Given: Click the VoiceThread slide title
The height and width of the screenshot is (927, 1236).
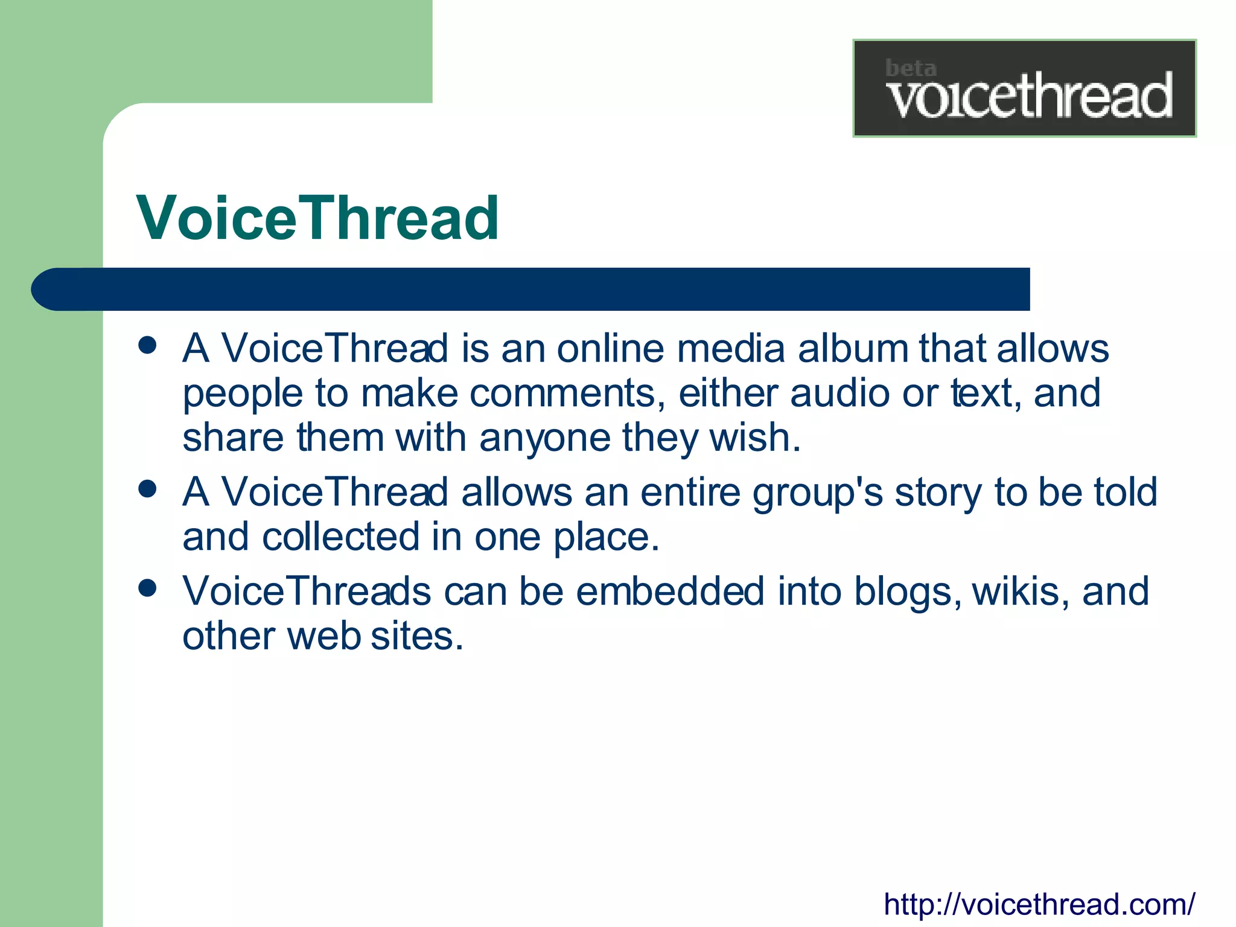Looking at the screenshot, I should tap(317, 218).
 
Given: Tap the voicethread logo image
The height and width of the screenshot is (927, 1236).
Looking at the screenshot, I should tap(1024, 89).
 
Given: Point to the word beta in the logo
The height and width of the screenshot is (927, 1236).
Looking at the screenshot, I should tap(910, 68).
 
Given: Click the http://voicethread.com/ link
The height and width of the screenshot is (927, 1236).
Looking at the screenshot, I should tap(1039, 904).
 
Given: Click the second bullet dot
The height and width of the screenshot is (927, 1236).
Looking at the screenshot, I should tap(147, 488).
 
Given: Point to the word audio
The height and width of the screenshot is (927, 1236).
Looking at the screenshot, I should tap(839, 393).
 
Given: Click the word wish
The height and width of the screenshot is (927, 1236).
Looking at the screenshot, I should tap(754, 438).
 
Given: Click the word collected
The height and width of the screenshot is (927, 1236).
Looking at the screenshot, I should tap(340, 537).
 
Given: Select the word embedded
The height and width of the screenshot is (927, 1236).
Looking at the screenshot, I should tap(670, 591).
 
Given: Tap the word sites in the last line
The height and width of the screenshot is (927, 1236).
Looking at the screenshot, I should tap(416, 636).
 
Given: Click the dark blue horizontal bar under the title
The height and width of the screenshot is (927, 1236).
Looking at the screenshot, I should tap(531, 289).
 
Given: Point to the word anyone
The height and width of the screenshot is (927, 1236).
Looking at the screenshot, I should tap(544, 439).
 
